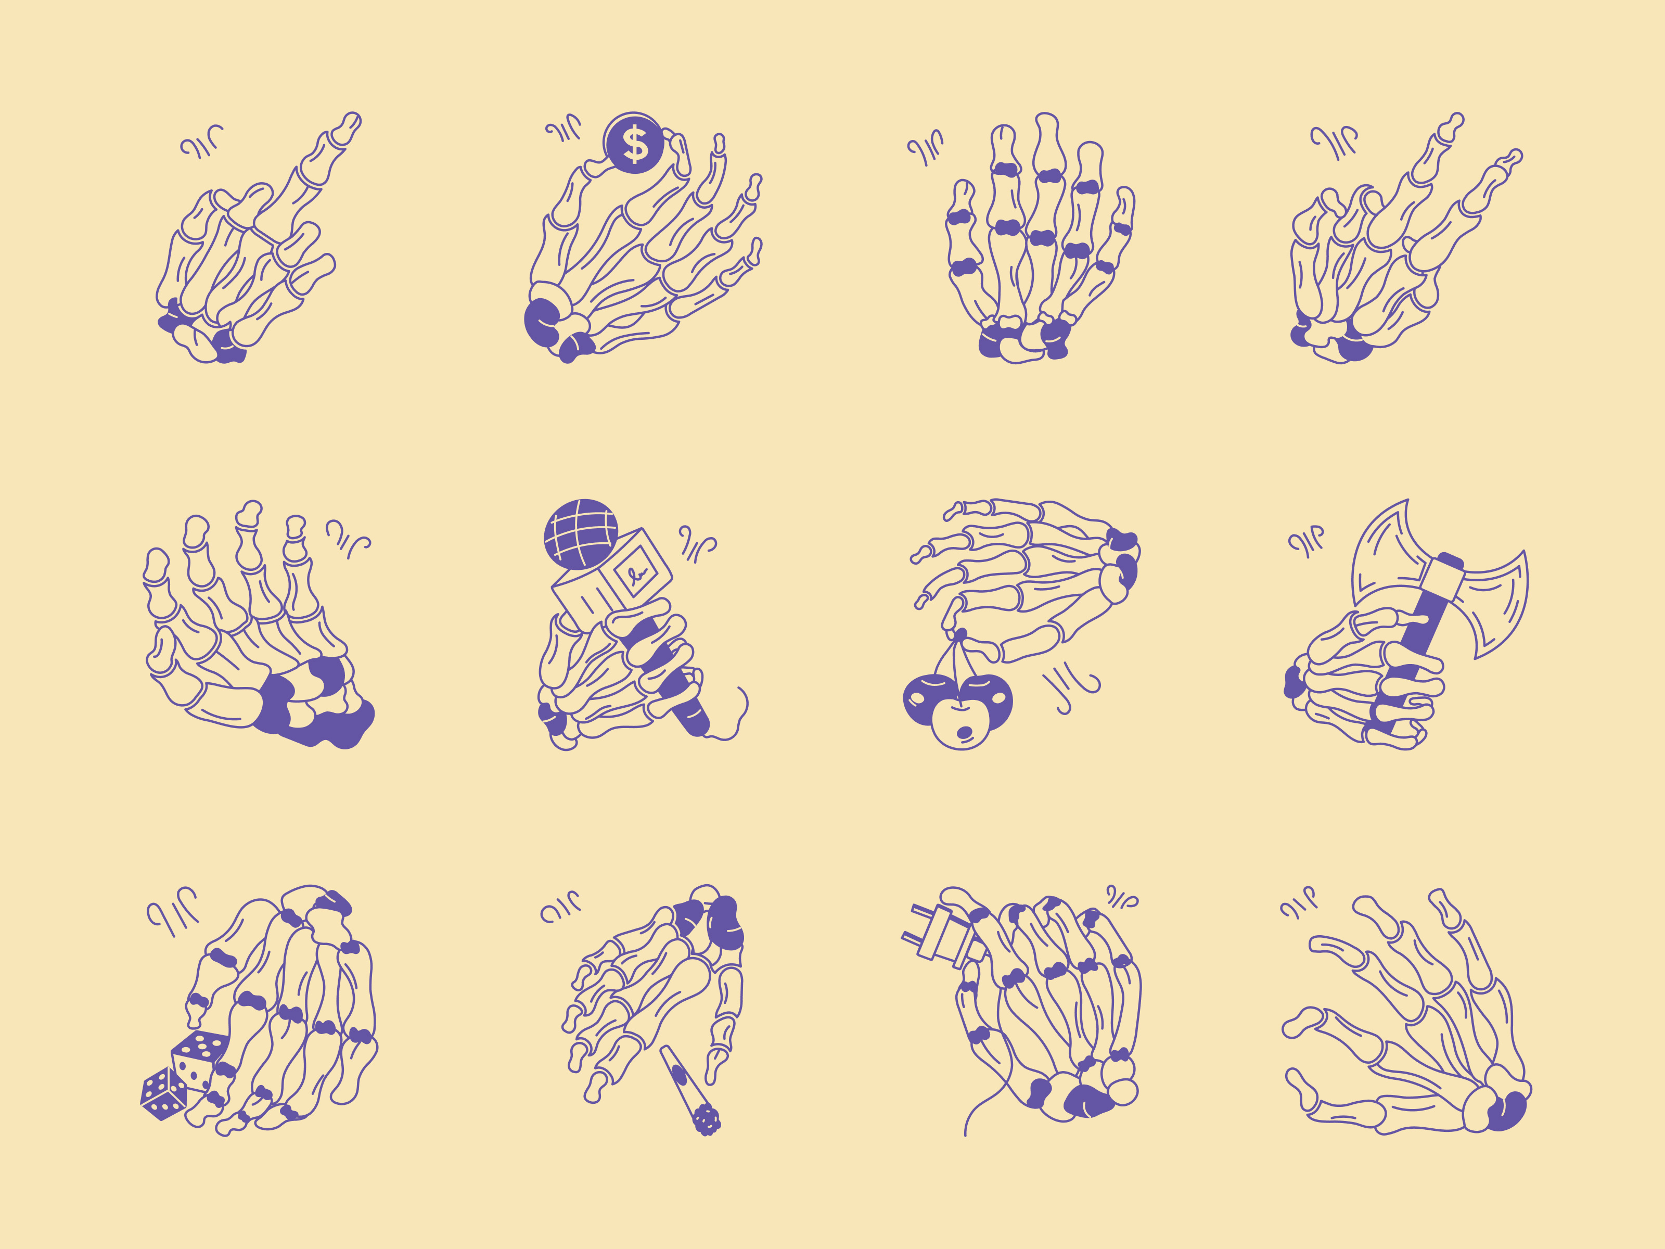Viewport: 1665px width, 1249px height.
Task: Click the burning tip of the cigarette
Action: (706, 1119)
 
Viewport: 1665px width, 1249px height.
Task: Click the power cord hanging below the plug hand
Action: (979, 1099)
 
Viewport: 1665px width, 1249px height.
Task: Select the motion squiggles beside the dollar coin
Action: (564, 129)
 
